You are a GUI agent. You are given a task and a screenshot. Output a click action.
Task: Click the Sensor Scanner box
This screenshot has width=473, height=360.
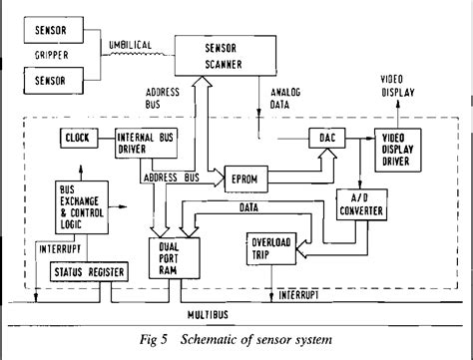226,54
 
